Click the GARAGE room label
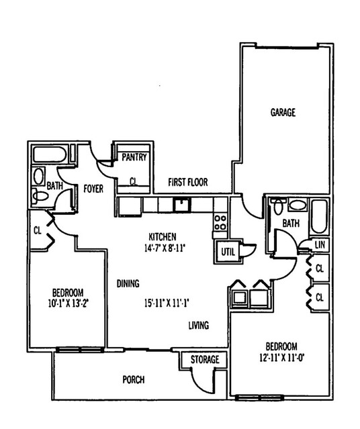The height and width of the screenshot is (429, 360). coord(283,112)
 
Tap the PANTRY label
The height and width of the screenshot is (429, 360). coord(134,157)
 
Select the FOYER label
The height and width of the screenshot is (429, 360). coord(93,189)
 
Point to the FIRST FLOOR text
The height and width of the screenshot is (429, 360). coord(188,182)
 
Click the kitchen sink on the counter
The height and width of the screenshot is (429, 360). coord(181,205)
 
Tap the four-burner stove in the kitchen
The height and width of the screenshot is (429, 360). coord(220,222)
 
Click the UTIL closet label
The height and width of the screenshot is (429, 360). coord(228,252)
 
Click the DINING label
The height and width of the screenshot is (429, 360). coord(128,283)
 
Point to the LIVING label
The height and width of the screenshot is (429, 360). coord(199,325)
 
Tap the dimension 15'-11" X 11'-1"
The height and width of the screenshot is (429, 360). coord(167,303)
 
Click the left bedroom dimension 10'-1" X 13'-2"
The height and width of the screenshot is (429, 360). coord(69,303)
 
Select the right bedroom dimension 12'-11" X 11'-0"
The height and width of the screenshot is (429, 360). coord(282,358)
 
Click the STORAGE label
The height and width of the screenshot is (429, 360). coord(205,359)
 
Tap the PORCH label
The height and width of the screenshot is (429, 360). coord(134,380)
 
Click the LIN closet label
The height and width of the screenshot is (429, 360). coord(320,244)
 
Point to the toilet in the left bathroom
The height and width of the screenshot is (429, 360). coord(40,196)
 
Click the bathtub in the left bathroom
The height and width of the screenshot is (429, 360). coord(50,154)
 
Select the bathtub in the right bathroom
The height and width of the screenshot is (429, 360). coord(319,217)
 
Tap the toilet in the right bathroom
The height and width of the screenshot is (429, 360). coord(278,206)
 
